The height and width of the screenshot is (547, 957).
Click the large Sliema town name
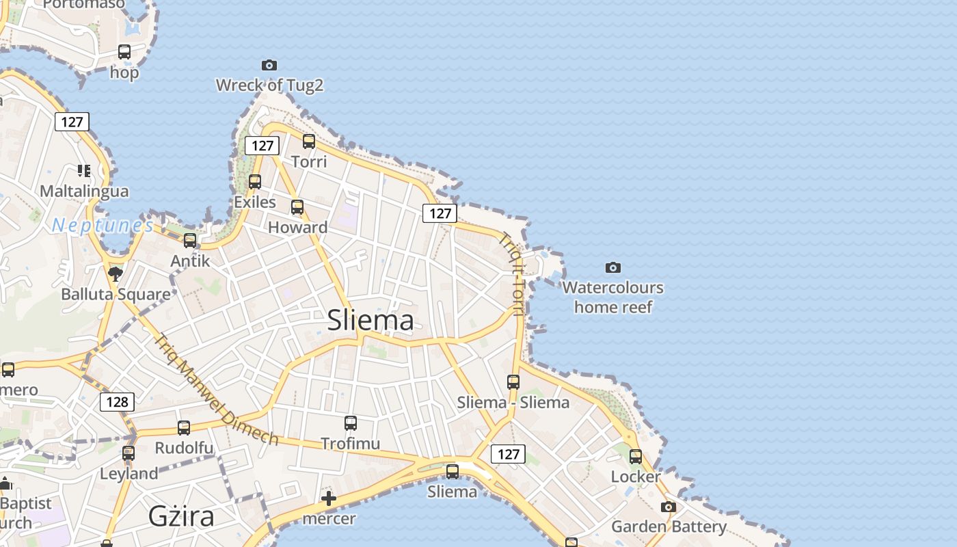[x=370, y=320]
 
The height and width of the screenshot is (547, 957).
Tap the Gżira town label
[x=181, y=516]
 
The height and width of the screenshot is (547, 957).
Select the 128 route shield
[x=117, y=401]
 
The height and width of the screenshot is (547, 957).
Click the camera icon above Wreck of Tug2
[x=269, y=65]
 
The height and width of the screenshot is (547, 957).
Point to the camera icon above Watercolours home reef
[x=613, y=267]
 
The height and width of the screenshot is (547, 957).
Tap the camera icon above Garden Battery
[x=668, y=507]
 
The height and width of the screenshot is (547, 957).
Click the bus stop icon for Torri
[x=309, y=142]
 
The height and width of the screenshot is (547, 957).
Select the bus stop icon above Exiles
[x=255, y=182]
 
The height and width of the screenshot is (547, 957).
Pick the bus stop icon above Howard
[x=297, y=207]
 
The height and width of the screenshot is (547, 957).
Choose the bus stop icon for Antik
[x=190, y=241]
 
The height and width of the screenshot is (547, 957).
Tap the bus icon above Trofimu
[x=351, y=423]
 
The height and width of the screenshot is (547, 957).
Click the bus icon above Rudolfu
[x=184, y=428]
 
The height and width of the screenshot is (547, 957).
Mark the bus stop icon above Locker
[x=636, y=456]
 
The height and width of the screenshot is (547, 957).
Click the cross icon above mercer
[x=329, y=498]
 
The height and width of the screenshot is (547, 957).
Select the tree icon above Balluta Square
[x=116, y=274]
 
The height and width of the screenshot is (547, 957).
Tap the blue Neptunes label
[x=103, y=225]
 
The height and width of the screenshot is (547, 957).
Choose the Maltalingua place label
[x=84, y=191]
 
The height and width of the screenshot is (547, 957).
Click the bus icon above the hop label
[x=124, y=52]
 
